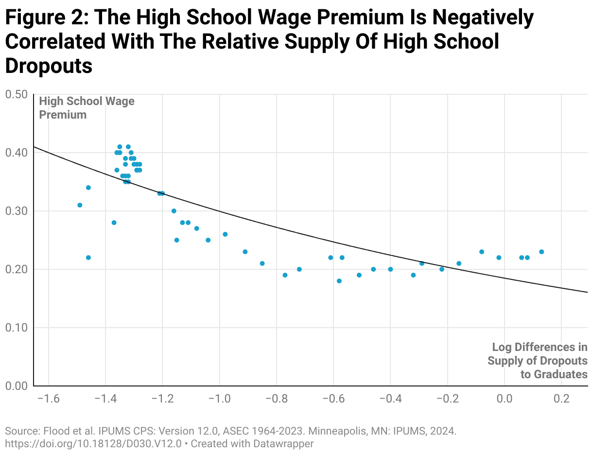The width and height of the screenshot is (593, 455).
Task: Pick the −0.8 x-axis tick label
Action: [276, 399]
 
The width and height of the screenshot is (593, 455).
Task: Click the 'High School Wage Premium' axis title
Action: [87, 108]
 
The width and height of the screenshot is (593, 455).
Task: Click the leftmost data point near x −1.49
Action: [80, 205]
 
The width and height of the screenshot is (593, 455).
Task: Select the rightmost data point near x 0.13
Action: [541, 252]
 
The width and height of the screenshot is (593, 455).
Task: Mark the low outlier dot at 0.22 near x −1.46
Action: [88, 258]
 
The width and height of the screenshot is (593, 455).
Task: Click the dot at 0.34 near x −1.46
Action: [88, 188]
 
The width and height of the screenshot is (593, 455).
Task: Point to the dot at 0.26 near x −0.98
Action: [225, 234]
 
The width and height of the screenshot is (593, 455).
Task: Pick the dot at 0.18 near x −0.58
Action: [339, 281]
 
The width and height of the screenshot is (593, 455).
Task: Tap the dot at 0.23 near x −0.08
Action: [482, 252]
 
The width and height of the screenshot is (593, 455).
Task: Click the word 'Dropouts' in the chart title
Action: [49, 66]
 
